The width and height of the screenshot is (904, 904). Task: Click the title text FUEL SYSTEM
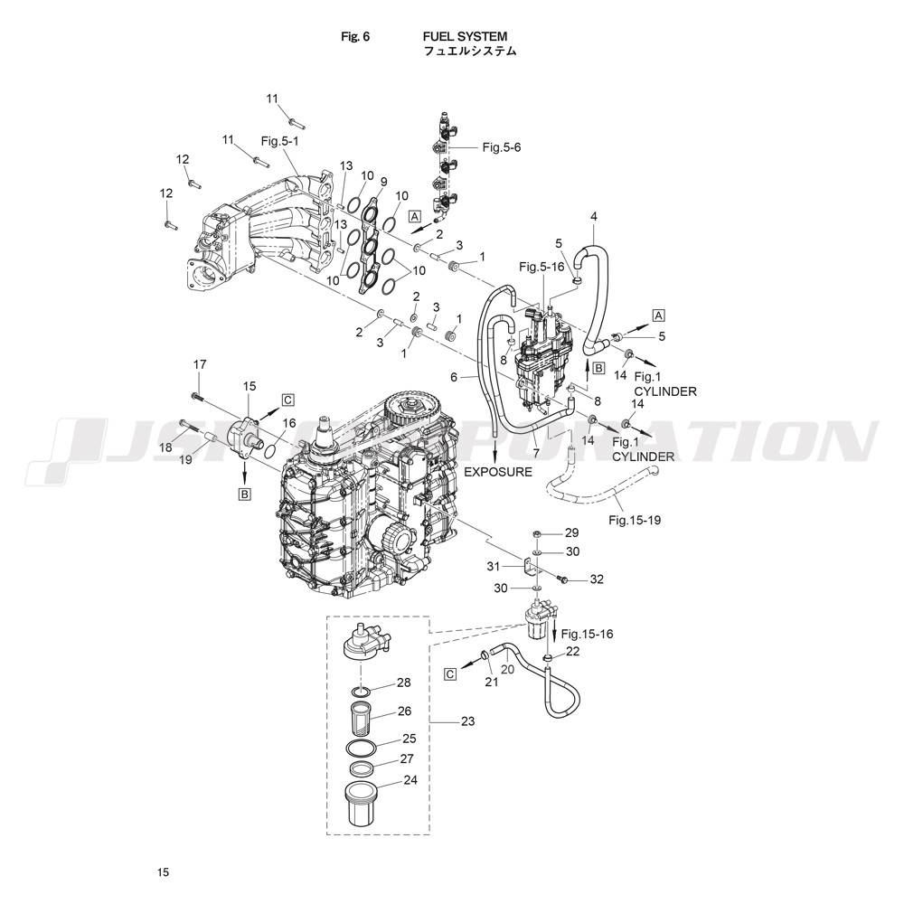point(465,37)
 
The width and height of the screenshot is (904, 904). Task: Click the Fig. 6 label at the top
point(355,37)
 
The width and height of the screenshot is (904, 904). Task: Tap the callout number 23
point(467,721)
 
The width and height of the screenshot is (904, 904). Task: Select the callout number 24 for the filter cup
point(410,780)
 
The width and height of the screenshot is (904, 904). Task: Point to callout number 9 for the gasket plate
point(384,181)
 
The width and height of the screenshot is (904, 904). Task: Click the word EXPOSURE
point(498,472)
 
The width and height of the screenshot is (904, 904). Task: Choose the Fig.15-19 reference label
point(635,520)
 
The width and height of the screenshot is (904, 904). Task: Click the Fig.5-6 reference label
point(502,147)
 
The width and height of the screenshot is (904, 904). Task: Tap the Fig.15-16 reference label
point(587,635)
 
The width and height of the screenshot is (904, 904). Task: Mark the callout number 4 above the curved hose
point(594,217)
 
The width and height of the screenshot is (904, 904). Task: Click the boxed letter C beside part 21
point(450,673)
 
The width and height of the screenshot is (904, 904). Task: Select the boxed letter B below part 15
point(244,494)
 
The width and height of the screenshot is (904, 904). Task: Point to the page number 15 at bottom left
point(163,872)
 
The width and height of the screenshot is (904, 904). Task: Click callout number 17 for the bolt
point(200,364)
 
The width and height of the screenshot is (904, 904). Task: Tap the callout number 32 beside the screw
point(597,579)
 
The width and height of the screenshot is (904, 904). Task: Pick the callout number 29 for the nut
point(571,532)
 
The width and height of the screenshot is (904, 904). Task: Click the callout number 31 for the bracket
point(494,567)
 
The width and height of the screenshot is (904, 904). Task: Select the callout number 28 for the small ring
point(403,683)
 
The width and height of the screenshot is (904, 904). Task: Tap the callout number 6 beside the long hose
point(454,377)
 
